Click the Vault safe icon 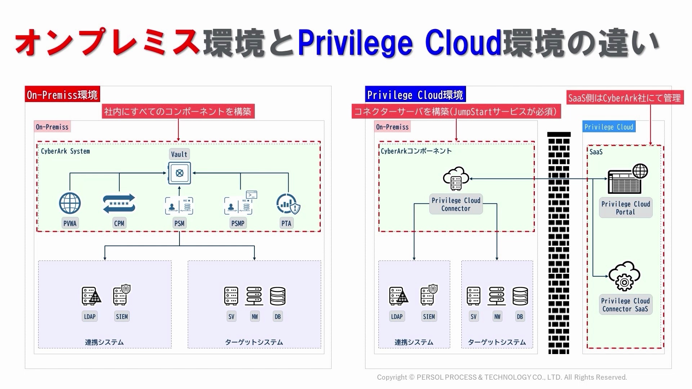click(179, 173)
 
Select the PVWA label click(70, 223)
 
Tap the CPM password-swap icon click(119, 204)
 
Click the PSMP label click(238, 223)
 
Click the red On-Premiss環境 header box click(62, 95)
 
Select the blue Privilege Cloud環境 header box click(415, 95)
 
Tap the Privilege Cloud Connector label click(456, 204)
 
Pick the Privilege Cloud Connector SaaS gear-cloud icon click(625, 276)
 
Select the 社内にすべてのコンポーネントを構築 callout click(178, 112)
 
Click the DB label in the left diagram click(278, 317)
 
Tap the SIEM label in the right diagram click(429, 317)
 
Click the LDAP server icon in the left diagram click(90, 296)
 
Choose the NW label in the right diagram click(497, 317)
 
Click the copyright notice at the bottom click(502, 377)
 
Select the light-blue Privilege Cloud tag click(609, 127)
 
